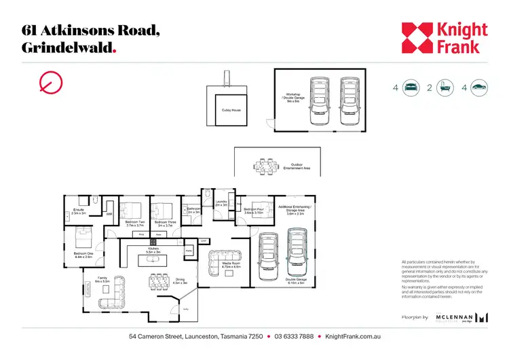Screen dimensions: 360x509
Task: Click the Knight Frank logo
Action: (x=444, y=38)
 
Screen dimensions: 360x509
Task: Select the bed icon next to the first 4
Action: (x=411, y=87)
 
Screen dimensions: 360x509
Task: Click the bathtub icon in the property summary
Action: (x=445, y=87)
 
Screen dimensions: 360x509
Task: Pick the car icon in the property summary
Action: (x=479, y=87)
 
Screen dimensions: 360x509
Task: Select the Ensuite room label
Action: (x=78, y=211)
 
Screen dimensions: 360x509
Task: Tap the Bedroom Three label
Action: (x=166, y=222)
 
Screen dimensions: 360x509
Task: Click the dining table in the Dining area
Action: (x=158, y=281)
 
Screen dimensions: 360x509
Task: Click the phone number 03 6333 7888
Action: (x=294, y=337)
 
